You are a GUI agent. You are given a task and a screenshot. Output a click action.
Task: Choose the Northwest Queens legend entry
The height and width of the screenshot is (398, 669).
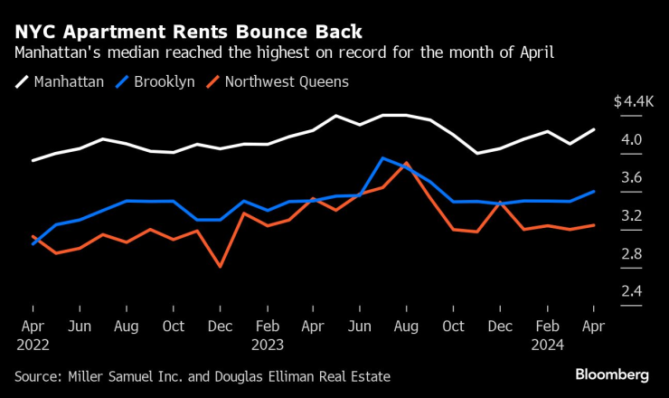[x=285, y=81]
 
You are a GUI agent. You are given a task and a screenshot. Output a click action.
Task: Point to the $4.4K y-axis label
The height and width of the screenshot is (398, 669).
[x=633, y=102]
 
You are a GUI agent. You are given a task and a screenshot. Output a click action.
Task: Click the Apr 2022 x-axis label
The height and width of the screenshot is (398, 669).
[x=33, y=335]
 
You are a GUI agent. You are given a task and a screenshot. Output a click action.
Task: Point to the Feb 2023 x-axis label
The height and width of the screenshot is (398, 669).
[x=268, y=335]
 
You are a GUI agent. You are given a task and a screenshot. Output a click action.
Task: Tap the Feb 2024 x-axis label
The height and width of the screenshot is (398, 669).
[x=547, y=335]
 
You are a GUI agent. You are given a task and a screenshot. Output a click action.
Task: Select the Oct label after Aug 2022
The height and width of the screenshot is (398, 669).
[x=174, y=327]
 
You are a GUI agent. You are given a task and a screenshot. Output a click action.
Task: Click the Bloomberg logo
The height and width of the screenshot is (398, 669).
[x=613, y=374]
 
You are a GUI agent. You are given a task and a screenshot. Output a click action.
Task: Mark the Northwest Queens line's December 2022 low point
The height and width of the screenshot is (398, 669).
[x=220, y=266]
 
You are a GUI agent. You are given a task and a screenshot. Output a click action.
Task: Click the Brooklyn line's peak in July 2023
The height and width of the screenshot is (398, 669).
[x=383, y=158]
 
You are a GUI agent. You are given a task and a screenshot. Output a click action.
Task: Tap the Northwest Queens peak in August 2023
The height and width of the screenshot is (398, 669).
[x=407, y=164]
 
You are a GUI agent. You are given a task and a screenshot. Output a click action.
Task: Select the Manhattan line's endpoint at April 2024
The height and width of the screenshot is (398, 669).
[x=593, y=129]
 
